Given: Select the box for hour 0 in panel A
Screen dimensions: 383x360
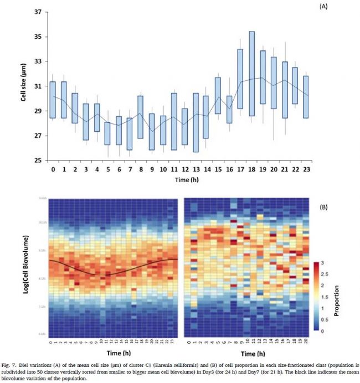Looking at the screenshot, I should (x=53, y=100).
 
